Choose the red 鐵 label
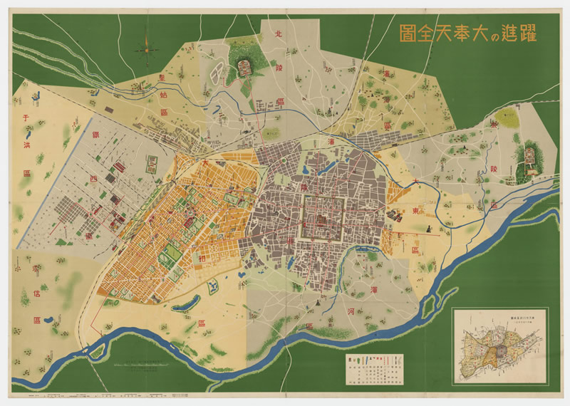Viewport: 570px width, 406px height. point(95,134)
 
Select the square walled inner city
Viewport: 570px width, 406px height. point(325,217)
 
